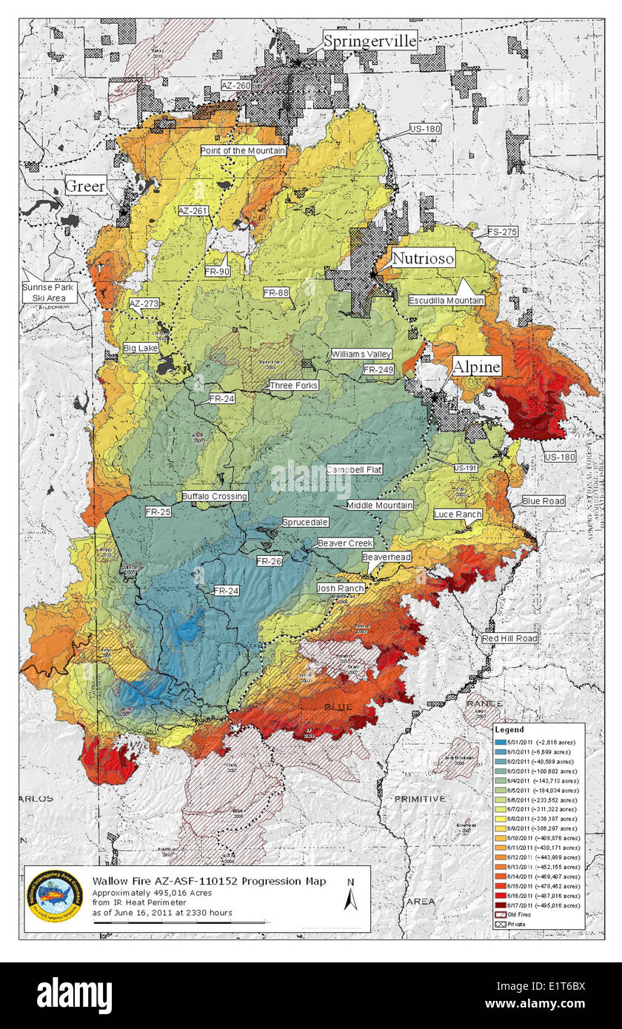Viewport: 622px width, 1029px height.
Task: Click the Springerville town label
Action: (x=369, y=41)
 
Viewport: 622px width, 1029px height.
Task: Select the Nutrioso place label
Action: (x=422, y=258)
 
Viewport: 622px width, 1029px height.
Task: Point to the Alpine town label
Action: (x=476, y=366)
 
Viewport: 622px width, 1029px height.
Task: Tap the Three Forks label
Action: (x=294, y=386)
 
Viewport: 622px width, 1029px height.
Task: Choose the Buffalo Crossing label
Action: (x=215, y=496)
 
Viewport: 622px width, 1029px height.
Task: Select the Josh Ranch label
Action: (x=340, y=588)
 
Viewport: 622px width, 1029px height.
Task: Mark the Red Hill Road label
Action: (x=509, y=638)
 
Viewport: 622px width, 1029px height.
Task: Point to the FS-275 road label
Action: (x=501, y=232)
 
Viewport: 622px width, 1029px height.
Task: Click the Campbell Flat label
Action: (x=353, y=470)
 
